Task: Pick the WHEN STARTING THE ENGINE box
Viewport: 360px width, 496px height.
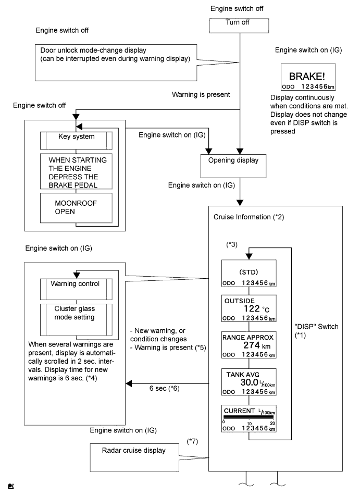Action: pyautogui.click(x=76, y=173)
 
